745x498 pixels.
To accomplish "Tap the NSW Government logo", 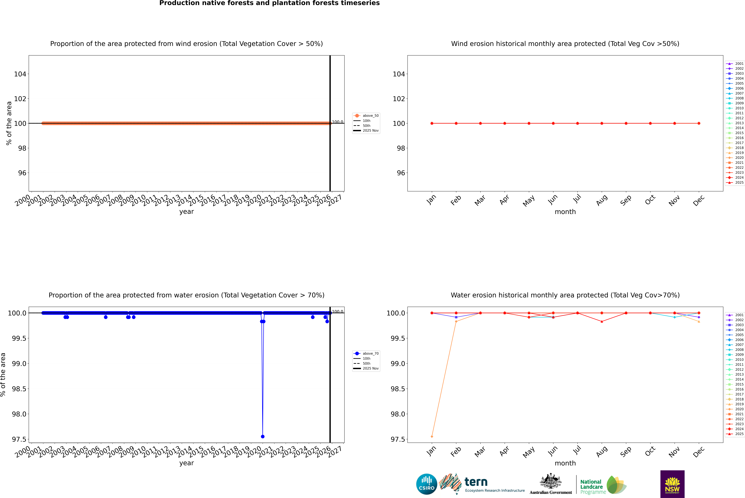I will pyautogui.click(x=672, y=484).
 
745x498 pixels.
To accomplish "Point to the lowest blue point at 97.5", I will pyautogui.click(x=263, y=436).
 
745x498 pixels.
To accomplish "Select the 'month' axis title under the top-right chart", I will pyautogui.click(x=565, y=212).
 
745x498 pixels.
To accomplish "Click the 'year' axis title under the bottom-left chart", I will pyautogui.click(x=186, y=463).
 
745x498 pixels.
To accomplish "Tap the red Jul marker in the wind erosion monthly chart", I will pyautogui.click(x=577, y=123).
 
